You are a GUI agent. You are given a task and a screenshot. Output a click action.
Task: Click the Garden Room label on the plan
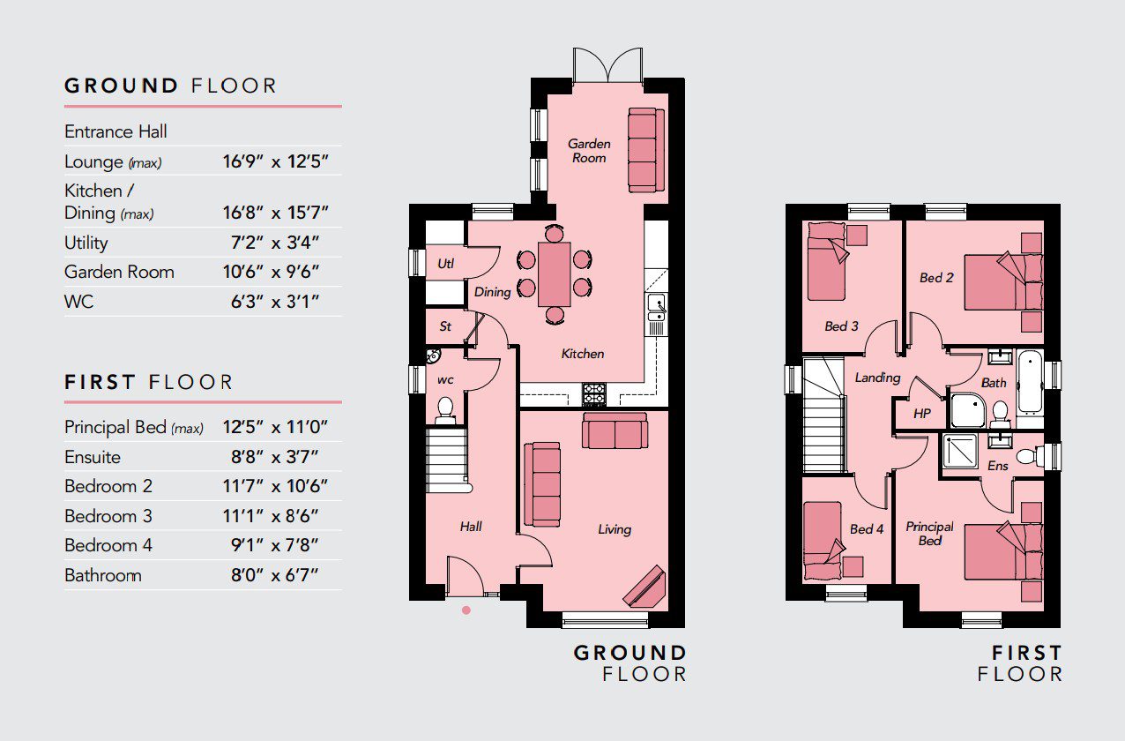coord(589,151)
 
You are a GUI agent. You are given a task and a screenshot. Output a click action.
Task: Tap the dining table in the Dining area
coord(554,274)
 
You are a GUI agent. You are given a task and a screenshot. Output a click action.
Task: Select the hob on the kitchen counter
coord(594,394)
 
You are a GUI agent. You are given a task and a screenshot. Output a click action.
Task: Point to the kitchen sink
coord(657,308)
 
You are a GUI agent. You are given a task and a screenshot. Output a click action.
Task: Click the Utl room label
coord(445,264)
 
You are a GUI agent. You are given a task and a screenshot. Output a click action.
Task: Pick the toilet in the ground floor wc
coord(445,410)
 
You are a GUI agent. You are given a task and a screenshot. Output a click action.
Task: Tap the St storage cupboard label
coord(445,326)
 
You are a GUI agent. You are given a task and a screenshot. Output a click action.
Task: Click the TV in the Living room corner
coord(644,587)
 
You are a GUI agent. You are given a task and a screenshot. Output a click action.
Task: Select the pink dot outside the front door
coord(466,610)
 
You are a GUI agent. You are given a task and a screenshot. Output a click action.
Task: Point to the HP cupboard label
coord(922,414)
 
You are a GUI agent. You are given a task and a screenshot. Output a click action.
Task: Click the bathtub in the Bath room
coord(1031,381)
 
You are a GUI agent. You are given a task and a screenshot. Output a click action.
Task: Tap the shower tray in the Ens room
coord(960,450)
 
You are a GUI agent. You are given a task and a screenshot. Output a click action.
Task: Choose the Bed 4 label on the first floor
coord(867,529)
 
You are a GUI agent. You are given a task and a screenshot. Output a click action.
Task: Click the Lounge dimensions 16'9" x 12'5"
coord(275,161)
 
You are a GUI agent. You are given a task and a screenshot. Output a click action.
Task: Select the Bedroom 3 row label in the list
coord(108,516)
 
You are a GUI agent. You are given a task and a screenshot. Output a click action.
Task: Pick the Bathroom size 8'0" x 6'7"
coord(275,574)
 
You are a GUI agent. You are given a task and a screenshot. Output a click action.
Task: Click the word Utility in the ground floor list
coord(86,243)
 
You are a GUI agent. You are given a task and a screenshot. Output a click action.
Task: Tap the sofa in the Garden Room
coord(646,150)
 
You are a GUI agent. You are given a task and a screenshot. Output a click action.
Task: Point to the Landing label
coord(877,378)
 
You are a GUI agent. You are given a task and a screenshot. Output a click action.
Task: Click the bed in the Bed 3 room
coord(827,261)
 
